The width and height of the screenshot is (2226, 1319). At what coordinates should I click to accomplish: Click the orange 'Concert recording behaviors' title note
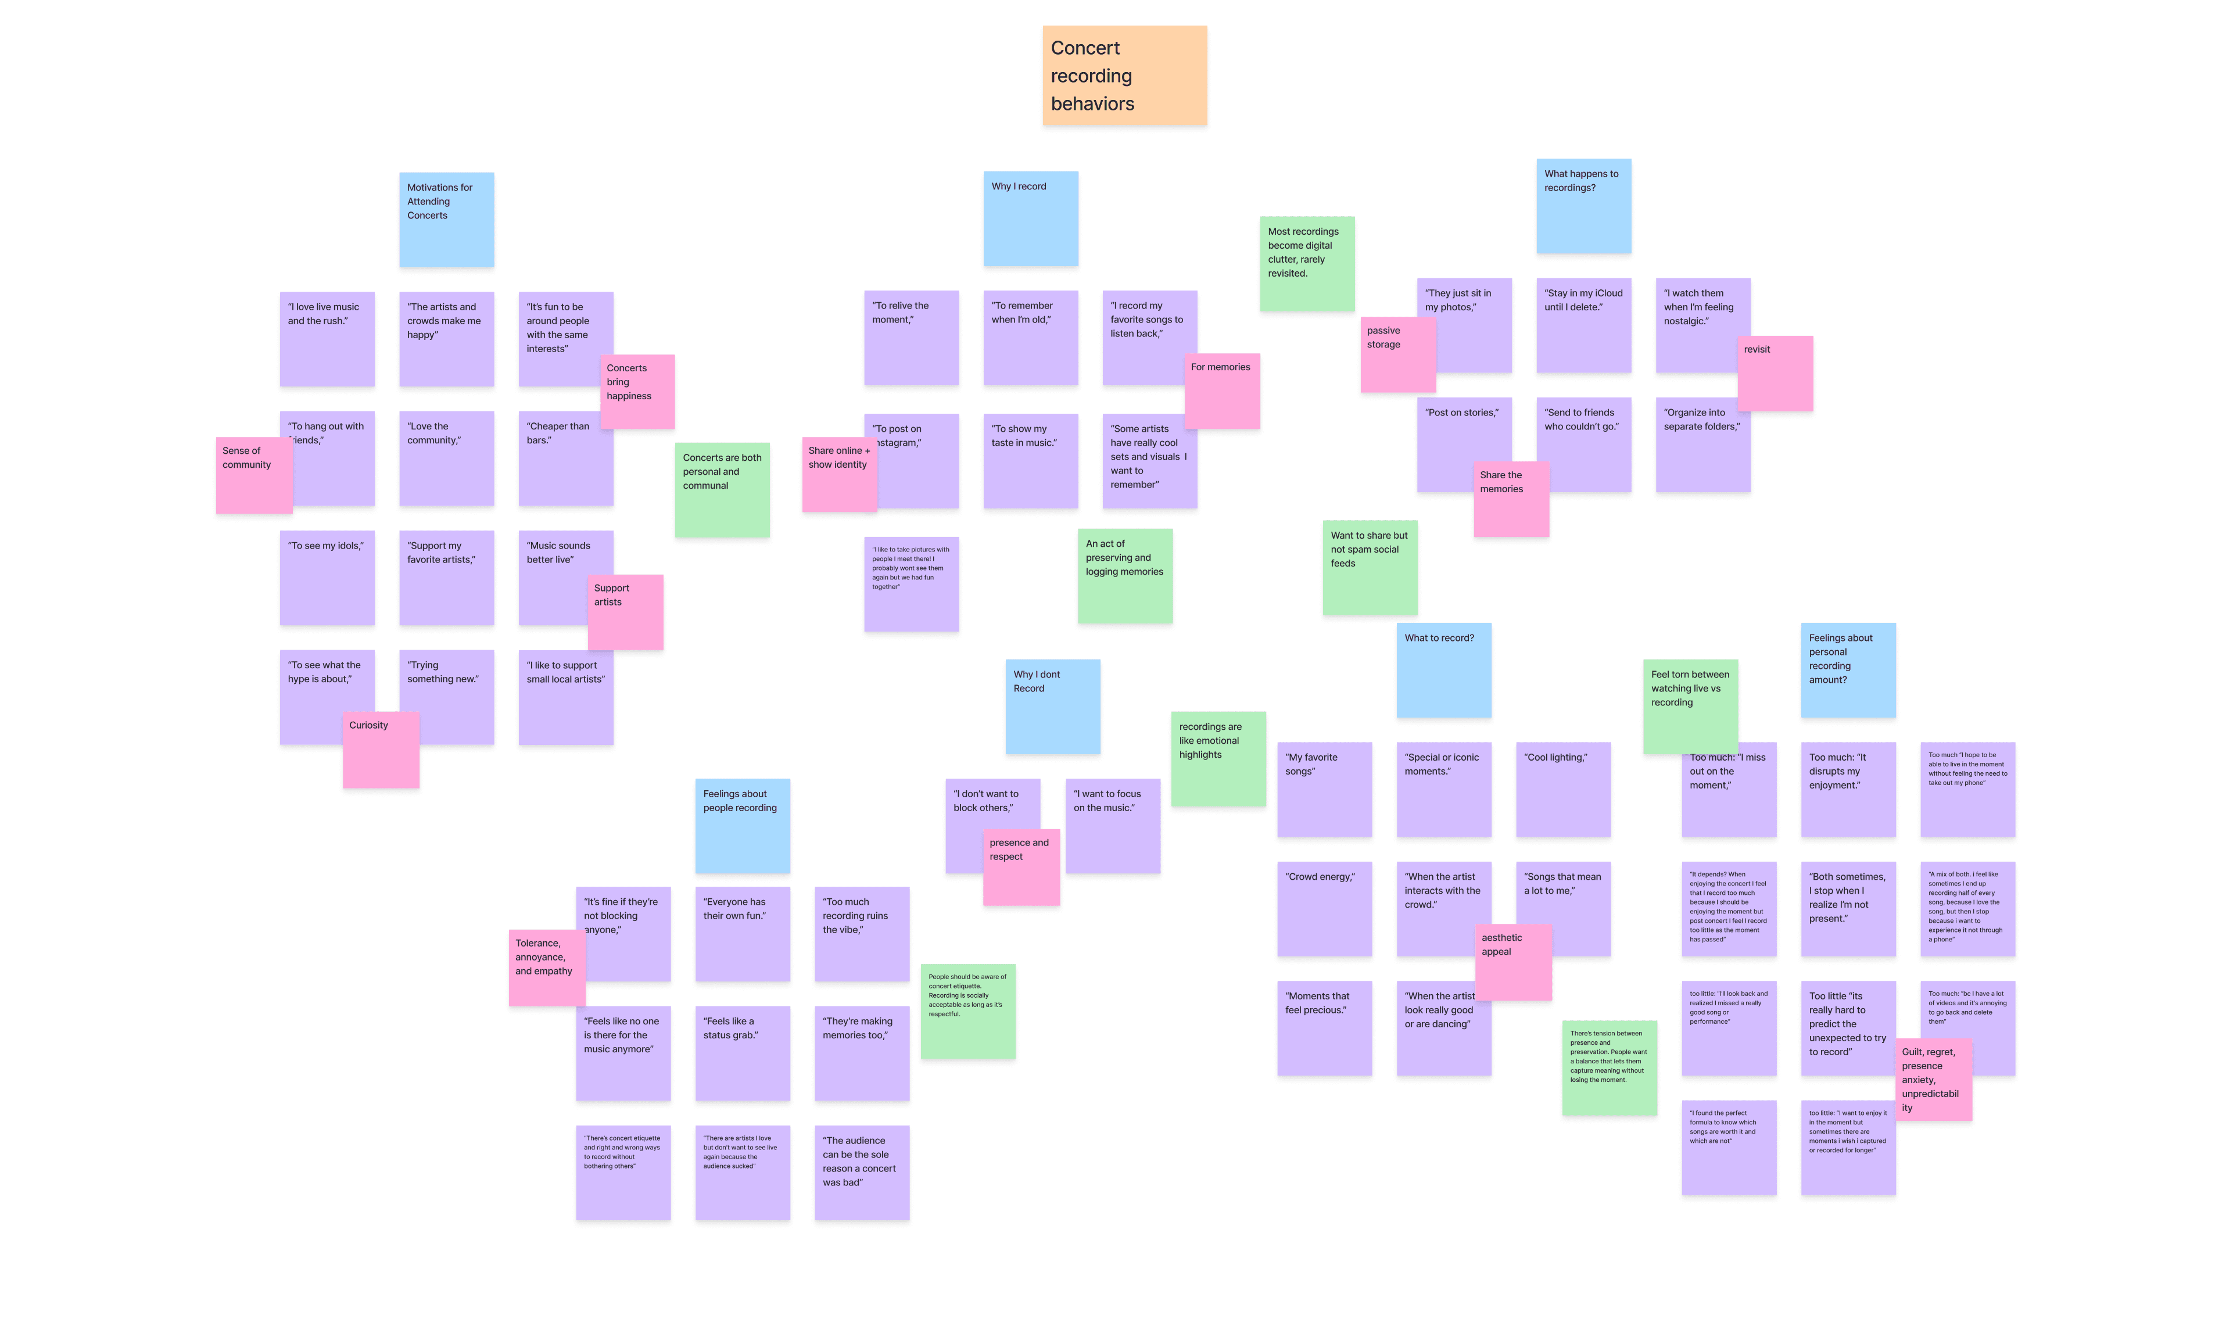[1124, 76]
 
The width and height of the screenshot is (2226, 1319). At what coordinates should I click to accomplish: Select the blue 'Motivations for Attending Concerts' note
[446, 220]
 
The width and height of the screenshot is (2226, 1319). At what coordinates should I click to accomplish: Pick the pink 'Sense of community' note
[253, 475]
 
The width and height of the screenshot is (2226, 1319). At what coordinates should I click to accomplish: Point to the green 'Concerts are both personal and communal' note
[722, 490]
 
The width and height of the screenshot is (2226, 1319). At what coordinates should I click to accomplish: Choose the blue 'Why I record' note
[1030, 218]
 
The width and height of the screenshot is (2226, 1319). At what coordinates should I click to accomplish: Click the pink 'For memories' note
[1222, 391]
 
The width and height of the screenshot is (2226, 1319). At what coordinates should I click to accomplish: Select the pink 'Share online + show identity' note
[839, 474]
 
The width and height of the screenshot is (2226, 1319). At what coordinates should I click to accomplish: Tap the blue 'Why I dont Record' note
[1052, 707]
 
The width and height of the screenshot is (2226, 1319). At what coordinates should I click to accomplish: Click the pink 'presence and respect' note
[1021, 866]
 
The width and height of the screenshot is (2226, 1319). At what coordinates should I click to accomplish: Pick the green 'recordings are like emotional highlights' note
[1217, 758]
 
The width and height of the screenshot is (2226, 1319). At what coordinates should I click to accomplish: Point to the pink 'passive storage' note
[1397, 354]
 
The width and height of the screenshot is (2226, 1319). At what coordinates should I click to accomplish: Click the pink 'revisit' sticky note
[1775, 373]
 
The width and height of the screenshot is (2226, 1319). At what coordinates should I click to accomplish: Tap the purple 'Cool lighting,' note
[1562, 789]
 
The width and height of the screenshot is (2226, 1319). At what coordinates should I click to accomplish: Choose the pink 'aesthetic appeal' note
[1513, 962]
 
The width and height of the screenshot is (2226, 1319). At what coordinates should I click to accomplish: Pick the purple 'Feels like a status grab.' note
[742, 1053]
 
